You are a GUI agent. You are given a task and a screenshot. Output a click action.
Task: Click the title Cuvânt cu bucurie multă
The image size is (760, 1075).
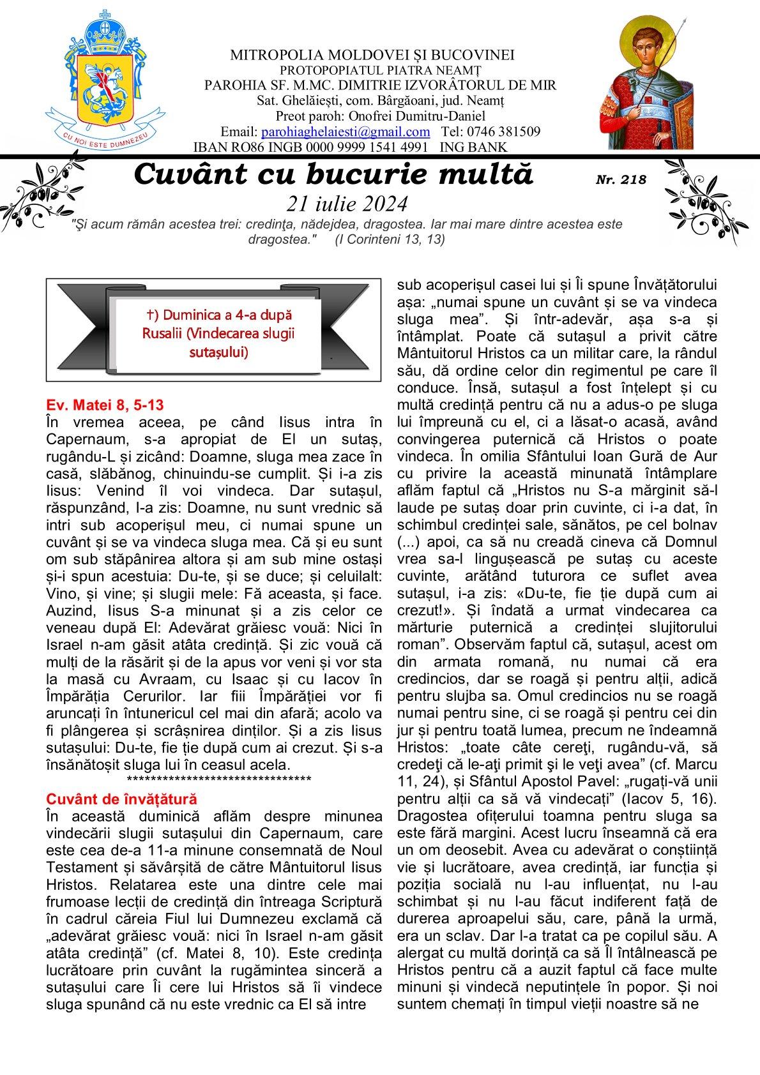[x=333, y=174]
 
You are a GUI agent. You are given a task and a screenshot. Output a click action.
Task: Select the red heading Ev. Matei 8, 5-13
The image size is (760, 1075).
[x=109, y=405]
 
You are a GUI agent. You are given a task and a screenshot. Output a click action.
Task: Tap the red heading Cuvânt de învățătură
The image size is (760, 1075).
[x=122, y=799]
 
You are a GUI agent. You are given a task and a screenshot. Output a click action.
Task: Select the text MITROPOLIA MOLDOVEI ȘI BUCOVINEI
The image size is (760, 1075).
[x=372, y=55]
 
